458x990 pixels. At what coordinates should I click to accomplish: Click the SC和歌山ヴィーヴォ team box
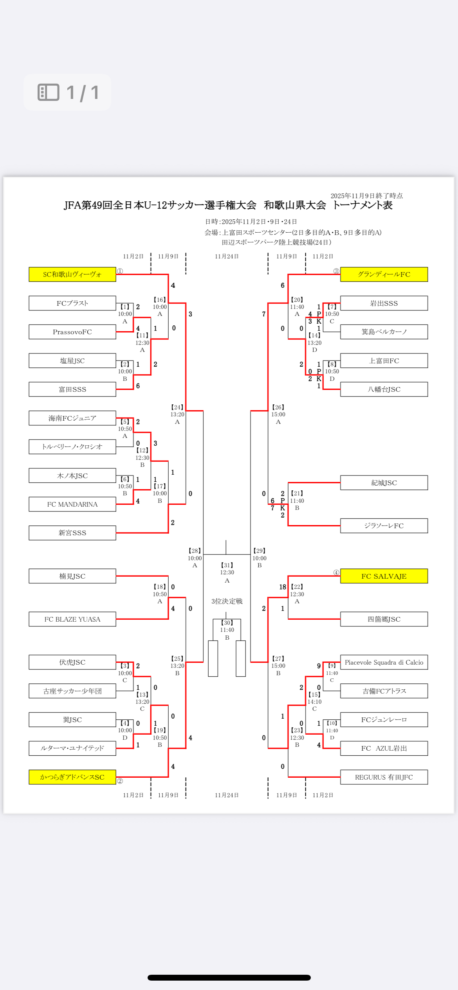tap(72, 274)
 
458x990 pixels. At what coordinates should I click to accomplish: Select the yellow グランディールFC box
tap(384, 274)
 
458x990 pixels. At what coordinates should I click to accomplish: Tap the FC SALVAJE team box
tap(384, 576)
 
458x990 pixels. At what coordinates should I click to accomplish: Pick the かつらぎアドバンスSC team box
tap(72, 777)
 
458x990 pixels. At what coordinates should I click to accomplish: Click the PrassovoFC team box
tap(72, 332)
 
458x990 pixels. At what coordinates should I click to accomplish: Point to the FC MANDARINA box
tap(72, 504)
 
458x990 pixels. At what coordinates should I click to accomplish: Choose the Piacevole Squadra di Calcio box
tap(384, 662)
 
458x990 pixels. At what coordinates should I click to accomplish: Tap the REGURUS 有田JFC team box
tap(384, 777)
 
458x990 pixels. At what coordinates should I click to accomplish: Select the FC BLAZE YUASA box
tap(72, 619)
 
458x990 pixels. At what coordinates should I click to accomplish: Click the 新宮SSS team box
tap(72, 533)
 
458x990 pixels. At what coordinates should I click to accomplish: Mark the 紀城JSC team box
tap(384, 483)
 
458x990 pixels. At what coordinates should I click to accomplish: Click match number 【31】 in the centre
tap(227, 565)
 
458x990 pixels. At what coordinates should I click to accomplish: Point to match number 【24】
tap(177, 407)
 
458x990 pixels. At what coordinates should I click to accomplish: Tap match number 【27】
tap(278, 659)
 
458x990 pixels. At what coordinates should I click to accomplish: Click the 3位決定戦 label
tap(227, 601)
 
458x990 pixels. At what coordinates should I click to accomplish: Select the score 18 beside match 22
tap(283, 587)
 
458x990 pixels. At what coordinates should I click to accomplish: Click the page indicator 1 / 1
tap(83, 93)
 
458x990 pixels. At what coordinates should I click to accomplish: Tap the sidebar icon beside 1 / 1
tap(49, 92)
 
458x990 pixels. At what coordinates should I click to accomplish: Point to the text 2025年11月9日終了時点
tap(366, 196)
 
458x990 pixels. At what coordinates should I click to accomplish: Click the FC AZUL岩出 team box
tap(384, 748)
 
